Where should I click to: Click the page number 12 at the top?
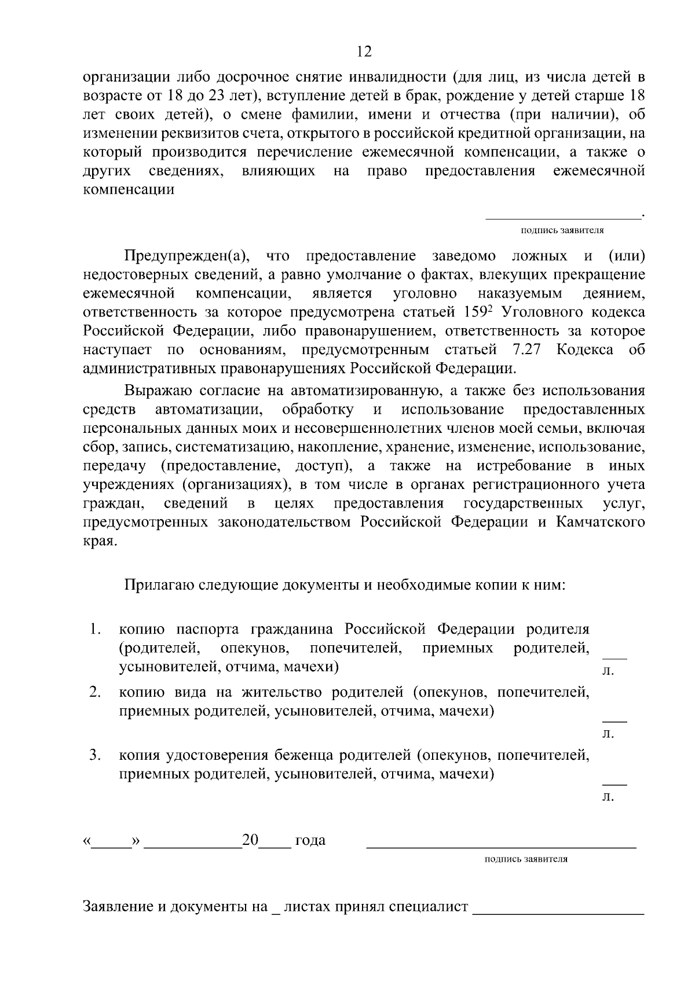[x=364, y=52]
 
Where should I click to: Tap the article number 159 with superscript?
[x=478, y=312]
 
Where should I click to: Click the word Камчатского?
[x=601, y=521]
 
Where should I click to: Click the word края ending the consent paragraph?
[x=100, y=542]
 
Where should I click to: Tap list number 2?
[x=96, y=692]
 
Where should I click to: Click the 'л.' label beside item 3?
[x=608, y=797]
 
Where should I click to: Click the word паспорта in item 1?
[x=210, y=629]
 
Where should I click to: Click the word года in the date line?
[x=310, y=840]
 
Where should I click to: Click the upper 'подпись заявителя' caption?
[x=562, y=230]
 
